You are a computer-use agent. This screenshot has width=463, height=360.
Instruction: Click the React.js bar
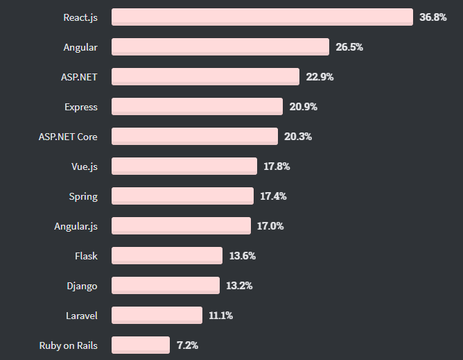pos(262,17)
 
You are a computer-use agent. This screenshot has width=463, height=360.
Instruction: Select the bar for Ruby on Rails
pos(141,345)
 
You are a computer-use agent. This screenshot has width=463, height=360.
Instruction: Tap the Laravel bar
pos(157,315)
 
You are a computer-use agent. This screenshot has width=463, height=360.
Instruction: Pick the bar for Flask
pos(167,255)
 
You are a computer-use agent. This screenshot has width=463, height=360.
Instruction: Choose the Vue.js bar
pos(184,166)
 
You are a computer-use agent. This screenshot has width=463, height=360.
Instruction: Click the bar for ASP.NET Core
pos(195,137)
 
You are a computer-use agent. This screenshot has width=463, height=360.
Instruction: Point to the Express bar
pos(197,107)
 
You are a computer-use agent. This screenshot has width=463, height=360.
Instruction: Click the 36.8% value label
pos(433,17)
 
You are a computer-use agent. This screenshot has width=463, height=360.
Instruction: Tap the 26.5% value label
pos(349,47)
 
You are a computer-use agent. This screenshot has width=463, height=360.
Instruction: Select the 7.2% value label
pos(187,345)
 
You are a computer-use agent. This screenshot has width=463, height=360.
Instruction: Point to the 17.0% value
pos(270,226)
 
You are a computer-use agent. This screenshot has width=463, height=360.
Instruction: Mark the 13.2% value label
pos(239,286)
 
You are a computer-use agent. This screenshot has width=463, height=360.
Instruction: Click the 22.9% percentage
pos(320,77)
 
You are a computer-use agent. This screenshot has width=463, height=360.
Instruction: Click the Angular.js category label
pos(76,226)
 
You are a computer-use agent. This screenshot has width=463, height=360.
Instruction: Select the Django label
pos(82,286)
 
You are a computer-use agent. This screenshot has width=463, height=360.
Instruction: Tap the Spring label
pos(83,196)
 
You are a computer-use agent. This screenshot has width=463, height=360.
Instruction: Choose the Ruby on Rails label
pos(69,345)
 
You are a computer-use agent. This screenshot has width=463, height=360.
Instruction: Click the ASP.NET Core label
pos(68,137)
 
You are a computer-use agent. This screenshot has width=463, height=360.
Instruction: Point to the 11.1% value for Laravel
pos(220,316)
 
